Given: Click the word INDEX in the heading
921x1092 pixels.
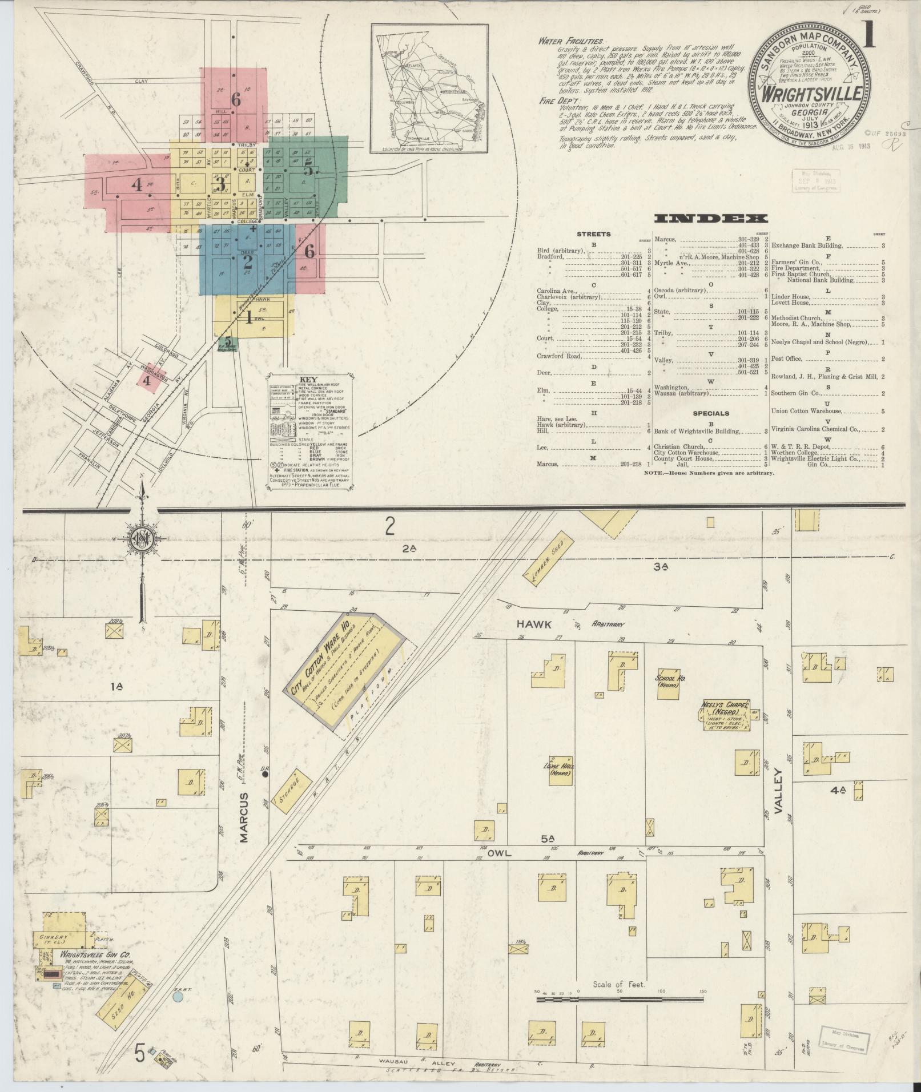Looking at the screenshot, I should click(x=711, y=219).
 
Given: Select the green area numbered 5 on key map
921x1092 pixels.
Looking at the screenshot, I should click(x=308, y=170).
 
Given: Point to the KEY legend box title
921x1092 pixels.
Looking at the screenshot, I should click(x=308, y=380).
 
